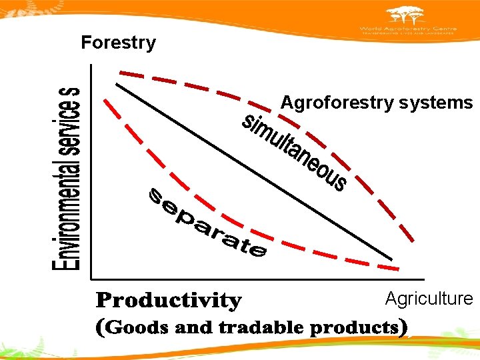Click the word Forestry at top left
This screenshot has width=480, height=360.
(x=118, y=43)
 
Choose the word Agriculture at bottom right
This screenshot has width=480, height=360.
(x=429, y=299)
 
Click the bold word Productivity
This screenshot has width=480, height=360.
(x=169, y=301)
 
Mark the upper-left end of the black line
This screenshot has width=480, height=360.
(x=117, y=83)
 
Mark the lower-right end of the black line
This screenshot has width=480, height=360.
(x=392, y=259)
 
